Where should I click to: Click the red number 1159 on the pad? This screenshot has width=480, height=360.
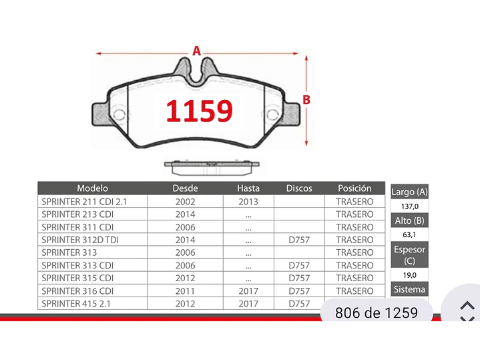click(x=199, y=111)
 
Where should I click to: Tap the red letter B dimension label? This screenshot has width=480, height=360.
click(x=306, y=100)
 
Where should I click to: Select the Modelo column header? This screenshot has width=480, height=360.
click(x=92, y=188)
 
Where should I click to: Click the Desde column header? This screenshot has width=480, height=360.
click(x=185, y=188)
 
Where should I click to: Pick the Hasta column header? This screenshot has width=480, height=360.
click(x=248, y=188)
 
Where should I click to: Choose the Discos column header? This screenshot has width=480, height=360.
click(x=299, y=188)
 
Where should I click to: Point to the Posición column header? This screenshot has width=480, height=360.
click(x=354, y=188)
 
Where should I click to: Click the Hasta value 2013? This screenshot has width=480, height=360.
click(x=248, y=202)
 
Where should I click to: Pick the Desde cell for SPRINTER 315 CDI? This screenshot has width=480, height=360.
click(x=185, y=278)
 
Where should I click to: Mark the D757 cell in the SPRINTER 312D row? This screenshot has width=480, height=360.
click(x=299, y=240)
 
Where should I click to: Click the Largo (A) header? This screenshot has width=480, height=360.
click(x=409, y=192)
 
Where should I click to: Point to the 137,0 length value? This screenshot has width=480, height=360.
click(x=409, y=207)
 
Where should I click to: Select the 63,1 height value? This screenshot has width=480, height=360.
click(x=409, y=235)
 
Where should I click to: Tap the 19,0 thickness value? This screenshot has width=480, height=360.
click(x=409, y=275)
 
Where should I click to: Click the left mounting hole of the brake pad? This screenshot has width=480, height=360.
click(x=119, y=114)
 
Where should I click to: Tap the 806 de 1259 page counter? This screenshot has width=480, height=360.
click(x=376, y=313)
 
